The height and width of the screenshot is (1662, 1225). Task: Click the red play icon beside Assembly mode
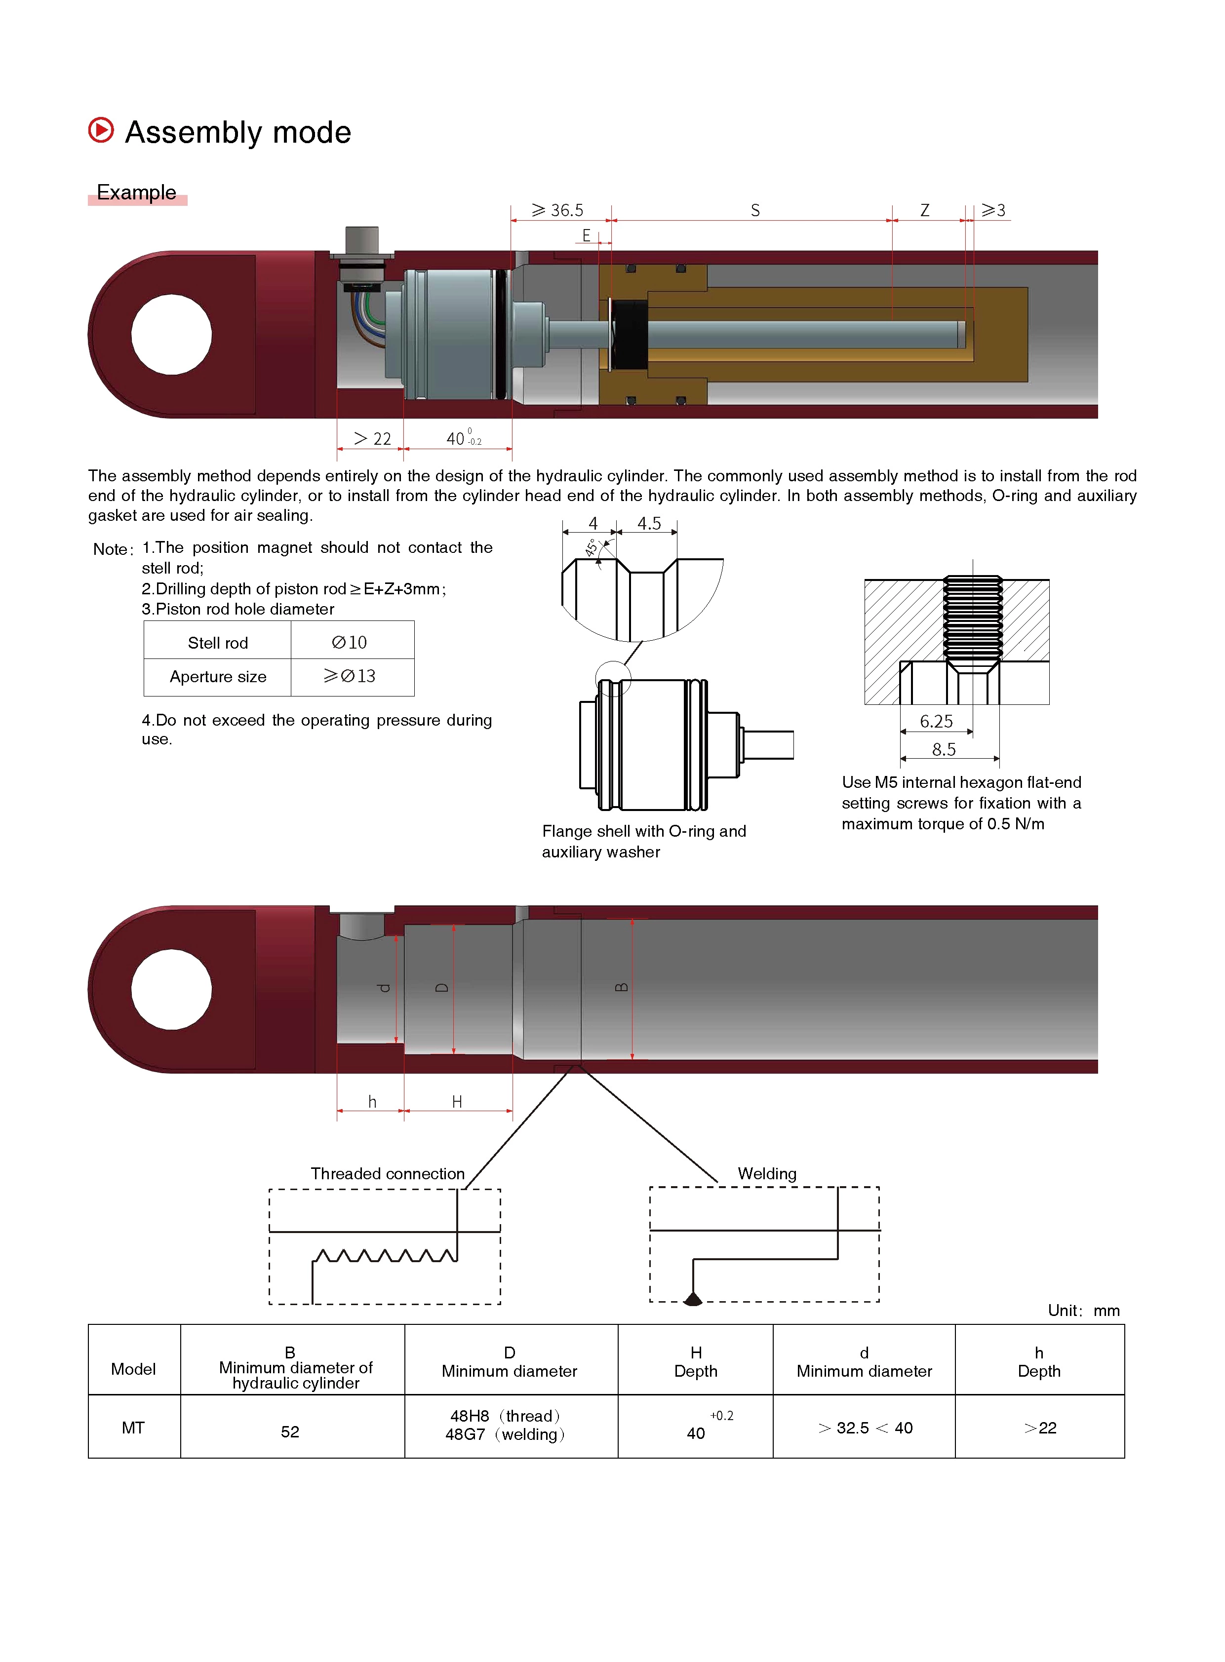101,130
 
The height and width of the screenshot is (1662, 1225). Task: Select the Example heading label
136,193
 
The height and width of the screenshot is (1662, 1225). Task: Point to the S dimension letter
755,211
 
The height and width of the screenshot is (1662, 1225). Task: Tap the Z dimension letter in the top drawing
925,211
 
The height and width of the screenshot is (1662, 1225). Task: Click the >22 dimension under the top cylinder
372,439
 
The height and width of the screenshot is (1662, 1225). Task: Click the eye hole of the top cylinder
171,334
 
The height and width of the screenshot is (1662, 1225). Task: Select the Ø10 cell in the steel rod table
349,643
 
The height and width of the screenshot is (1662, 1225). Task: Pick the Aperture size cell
218,677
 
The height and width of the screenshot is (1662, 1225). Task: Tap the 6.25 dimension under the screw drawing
936,721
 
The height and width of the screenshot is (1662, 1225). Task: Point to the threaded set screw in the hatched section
972,619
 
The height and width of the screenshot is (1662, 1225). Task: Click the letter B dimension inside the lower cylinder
622,987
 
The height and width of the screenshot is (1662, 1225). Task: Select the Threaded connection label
387,1173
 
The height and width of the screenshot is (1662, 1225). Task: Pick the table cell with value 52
290,1431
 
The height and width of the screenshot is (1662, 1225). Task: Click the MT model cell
133,1428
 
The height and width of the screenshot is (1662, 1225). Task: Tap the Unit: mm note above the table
1083,1311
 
